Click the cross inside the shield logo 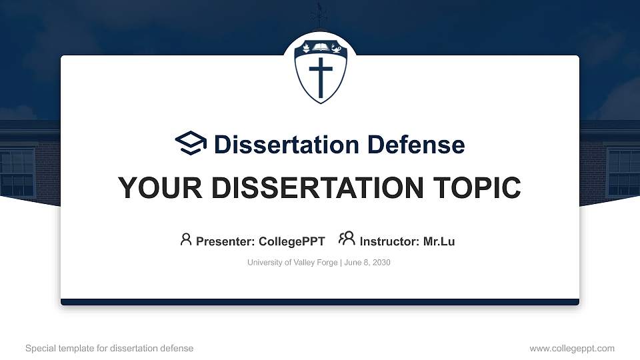click(x=320, y=77)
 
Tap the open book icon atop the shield click(x=320, y=48)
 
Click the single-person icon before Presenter click(x=186, y=239)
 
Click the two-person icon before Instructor click(x=347, y=239)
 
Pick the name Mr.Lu click(x=439, y=241)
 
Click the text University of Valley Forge click(x=293, y=263)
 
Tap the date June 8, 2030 click(x=367, y=263)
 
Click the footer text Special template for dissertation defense click(x=109, y=348)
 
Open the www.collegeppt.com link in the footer click(x=572, y=348)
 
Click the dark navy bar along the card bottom click(x=320, y=302)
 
